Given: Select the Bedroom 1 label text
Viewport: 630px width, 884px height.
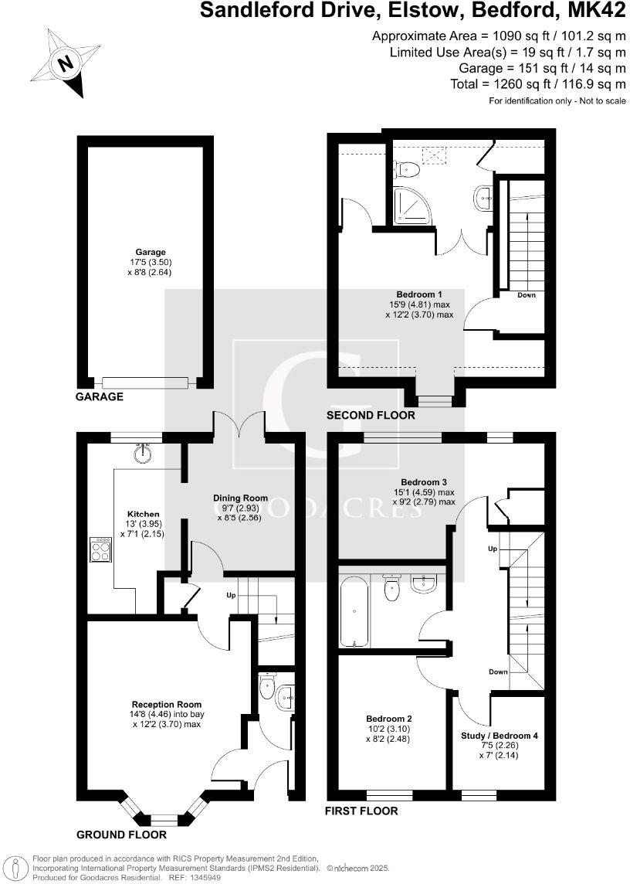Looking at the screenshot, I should point(418,294).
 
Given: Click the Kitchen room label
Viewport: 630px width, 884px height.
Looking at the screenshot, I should point(143,514).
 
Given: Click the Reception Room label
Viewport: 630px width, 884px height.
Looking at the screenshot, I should point(167,704).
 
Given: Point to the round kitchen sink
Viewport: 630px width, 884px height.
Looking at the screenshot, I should point(141,454).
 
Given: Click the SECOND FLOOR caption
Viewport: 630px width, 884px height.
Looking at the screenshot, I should point(371,416).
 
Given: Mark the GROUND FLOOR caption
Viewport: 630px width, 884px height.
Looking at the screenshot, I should point(121,835).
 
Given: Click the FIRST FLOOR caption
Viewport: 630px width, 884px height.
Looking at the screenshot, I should point(362,811).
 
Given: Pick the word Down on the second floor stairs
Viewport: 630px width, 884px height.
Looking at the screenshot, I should point(526,295).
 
